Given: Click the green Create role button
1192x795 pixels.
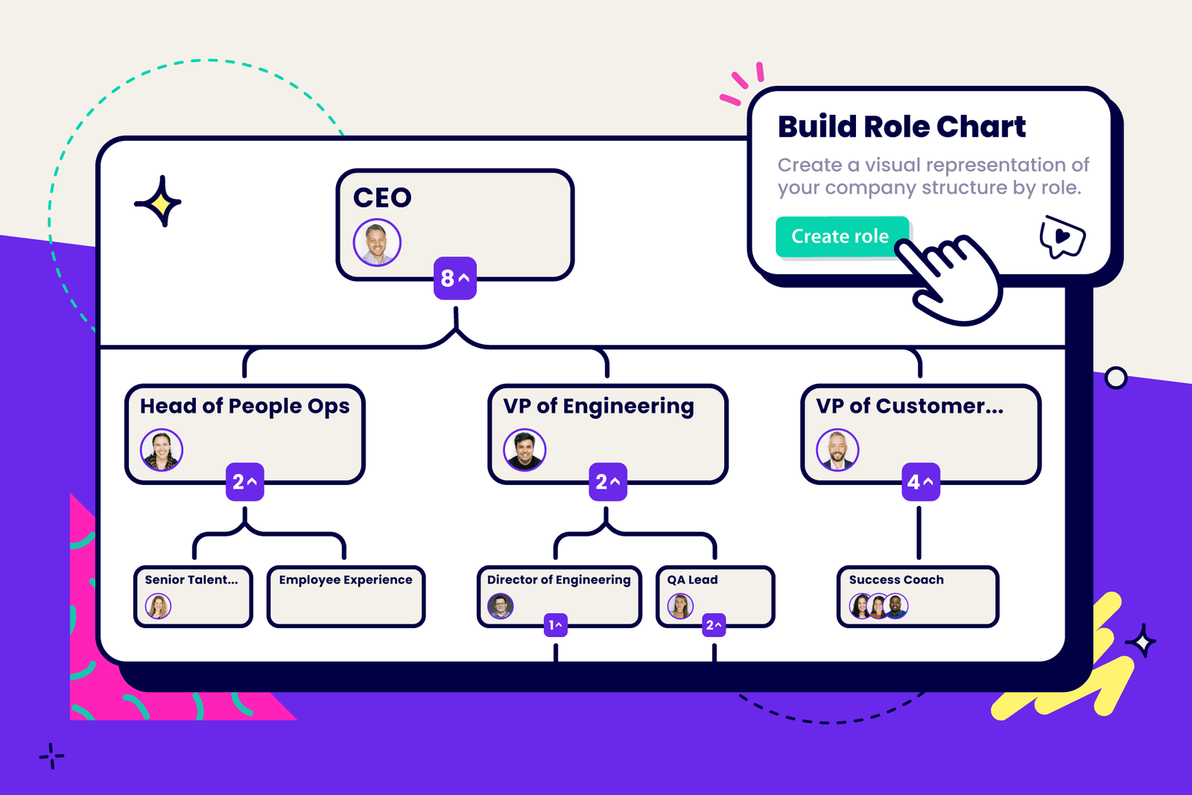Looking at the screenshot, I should coord(840,237).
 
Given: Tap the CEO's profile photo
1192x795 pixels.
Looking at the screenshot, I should coord(377,243).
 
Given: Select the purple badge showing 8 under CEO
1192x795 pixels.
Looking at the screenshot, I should coord(455,278).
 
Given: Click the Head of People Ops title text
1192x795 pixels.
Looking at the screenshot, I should coord(244,406).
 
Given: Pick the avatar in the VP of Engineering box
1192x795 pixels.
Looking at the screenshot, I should coord(524,450).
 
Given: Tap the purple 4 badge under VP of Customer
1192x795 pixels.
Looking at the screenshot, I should coord(921,482).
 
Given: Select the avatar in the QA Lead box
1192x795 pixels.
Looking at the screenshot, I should coord(680,606).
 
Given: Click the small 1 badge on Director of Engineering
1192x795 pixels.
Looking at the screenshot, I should coord(556,625).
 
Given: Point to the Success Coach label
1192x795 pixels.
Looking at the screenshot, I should coord(896,580).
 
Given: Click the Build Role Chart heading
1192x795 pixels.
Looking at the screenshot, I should coord(901,127).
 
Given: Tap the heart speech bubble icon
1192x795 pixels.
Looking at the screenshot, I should coord(1062,237).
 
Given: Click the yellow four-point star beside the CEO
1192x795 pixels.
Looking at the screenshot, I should coord(159,202).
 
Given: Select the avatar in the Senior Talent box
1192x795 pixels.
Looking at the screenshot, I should coord(158,606).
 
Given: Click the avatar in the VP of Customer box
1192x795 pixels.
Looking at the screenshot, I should coord(837,450).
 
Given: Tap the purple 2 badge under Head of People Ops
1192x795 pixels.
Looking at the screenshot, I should coord(244,482).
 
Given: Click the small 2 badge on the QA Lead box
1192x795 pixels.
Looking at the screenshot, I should coord(714,625).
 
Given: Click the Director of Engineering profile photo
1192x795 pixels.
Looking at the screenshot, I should coord(501,606).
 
